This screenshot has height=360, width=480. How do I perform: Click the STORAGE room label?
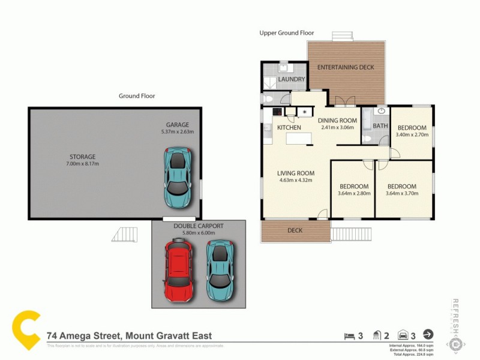point(82,157)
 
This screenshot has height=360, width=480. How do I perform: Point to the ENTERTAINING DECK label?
point(346,67)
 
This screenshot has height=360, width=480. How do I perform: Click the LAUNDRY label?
point(292,79)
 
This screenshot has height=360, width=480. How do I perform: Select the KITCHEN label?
point(289,128)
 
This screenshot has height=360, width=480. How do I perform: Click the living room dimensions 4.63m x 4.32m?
point(295,180)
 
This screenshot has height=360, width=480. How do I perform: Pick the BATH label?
point(380,126)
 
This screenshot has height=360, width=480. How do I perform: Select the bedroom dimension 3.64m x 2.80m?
point(353,193)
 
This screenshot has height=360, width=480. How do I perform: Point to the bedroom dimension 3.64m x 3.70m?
point(401,193)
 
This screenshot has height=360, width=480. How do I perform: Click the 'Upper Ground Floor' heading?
point(286,33)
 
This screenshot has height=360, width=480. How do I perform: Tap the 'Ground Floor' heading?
point(137,96)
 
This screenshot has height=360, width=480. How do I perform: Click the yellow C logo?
point(27,329)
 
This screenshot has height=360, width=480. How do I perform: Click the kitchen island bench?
point(298,139)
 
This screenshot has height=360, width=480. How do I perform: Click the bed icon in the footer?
point(349,335)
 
